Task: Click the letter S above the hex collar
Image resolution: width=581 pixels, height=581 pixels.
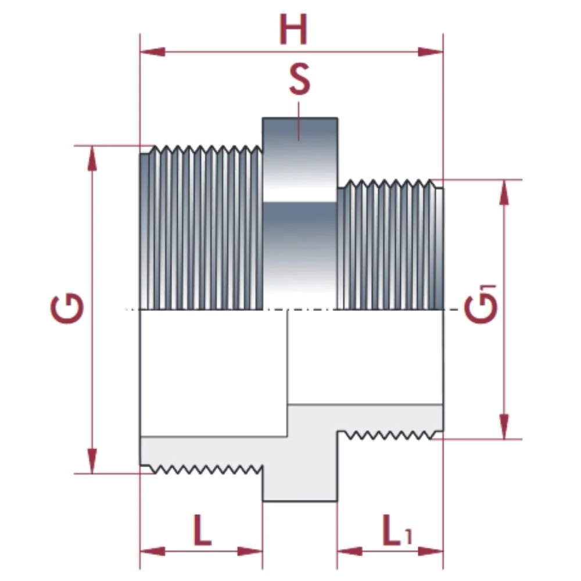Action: point(299,81)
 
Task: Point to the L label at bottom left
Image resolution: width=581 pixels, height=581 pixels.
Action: point(202,530)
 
